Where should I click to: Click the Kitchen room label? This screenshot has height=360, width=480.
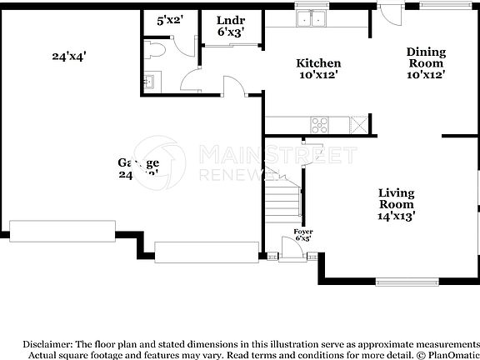click(x=318, y=63)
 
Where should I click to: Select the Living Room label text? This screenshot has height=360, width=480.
click(x=396, y=198)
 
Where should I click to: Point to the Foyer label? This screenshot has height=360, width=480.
click(x=303, y=232)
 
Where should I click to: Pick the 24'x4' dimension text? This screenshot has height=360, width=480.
click(x=69, y=57)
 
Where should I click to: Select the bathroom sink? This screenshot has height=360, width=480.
click(x=150, y=82)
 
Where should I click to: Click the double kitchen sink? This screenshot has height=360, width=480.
click(x=313, y=18)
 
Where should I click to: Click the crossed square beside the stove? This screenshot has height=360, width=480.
click(x=358, y=125)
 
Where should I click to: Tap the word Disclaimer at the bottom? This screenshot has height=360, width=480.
click(x=47, y=342)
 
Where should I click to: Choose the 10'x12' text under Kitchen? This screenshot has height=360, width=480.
click(x=318, y=76)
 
